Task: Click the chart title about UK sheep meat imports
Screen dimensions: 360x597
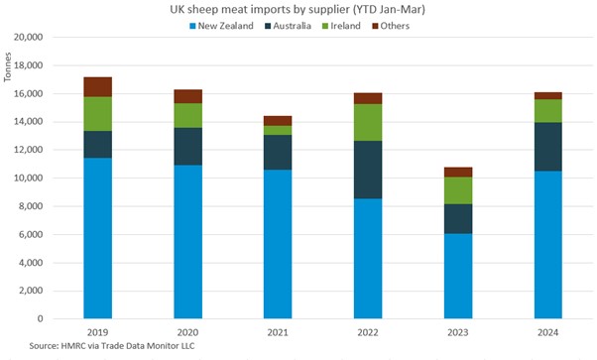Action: coord(298,9)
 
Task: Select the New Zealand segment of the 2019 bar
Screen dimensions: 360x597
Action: coord(97,238)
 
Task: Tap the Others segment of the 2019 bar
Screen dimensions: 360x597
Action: coord(97,86)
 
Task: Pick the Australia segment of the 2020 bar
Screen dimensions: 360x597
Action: coord(187,146)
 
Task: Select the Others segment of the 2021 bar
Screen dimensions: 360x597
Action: coord(278,120)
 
